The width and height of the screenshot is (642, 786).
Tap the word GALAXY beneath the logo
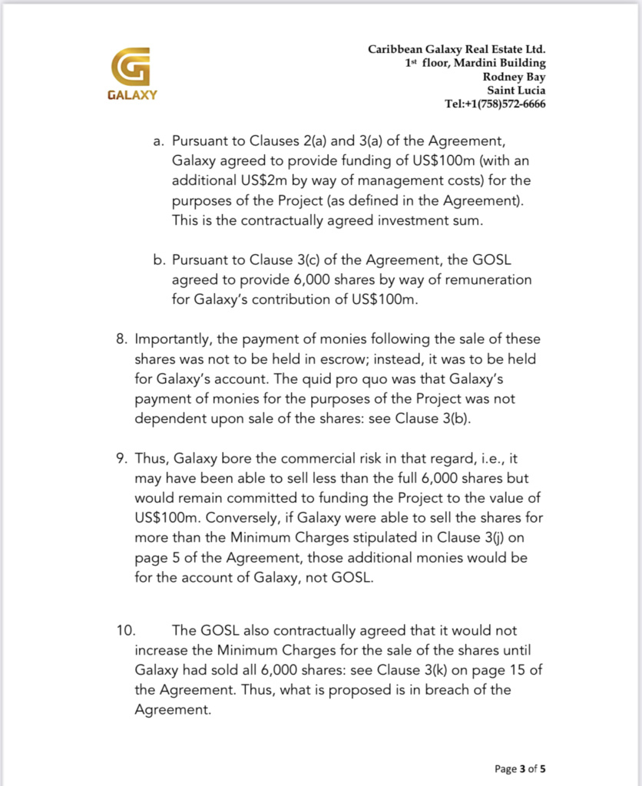131,96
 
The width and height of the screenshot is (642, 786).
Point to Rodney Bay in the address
514,77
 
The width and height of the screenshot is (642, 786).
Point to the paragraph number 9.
121,459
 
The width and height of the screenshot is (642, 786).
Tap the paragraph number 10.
125,631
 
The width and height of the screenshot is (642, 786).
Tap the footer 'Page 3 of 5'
520,768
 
